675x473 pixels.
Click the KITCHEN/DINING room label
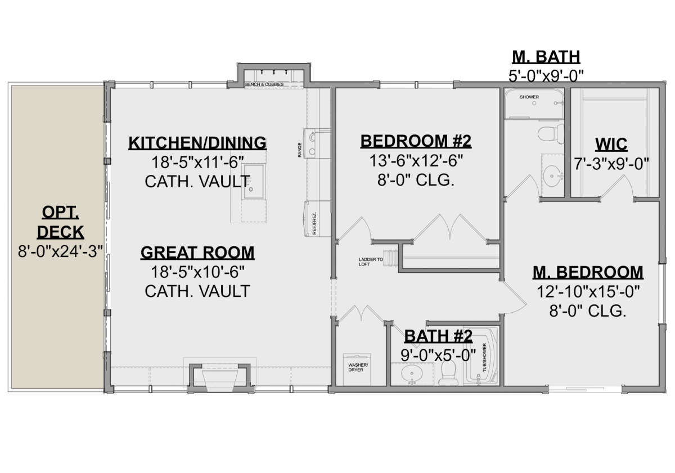point(197,143)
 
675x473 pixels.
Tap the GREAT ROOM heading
point(197,253)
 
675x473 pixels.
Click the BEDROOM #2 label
point(416,141)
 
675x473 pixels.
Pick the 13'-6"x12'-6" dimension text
point(416,161)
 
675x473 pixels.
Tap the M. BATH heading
point(546,57)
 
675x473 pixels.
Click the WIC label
point(613,144)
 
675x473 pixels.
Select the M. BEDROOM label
point(588,272)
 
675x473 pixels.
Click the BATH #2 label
point(438,336)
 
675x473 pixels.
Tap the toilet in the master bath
point(546,134)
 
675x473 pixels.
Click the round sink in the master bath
point(552,171)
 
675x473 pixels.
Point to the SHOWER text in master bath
point(529,97)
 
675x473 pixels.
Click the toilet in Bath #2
point(448,372)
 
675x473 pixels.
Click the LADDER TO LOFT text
point(371,262)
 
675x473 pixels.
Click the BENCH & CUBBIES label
point(264,84)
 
